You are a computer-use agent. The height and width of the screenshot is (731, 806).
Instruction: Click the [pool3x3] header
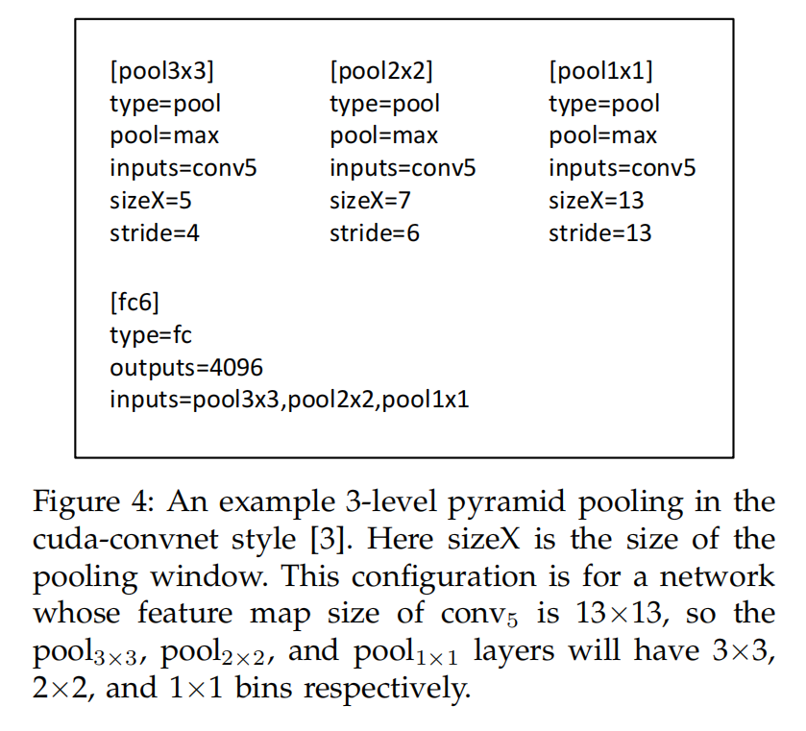(162, 71)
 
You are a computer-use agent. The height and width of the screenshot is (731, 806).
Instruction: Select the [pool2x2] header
(381, 71)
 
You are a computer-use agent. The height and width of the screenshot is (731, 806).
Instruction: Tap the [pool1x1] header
(600, 71)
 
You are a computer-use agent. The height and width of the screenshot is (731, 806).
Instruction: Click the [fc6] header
(135, 304)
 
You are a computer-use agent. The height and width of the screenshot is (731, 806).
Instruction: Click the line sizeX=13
(597, 200)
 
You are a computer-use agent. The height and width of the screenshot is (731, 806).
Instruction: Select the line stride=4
(155, 232)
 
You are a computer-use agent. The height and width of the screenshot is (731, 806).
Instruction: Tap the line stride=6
(375, 232)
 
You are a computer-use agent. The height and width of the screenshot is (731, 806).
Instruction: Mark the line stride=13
(599, 232)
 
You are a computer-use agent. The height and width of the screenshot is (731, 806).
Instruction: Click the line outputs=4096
(186, 367)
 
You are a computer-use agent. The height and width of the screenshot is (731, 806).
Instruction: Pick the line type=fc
(151, 335)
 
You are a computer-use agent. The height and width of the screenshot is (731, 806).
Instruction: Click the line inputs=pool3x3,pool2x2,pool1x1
(289, 400)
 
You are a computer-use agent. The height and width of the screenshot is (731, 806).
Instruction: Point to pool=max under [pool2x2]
(383, 135)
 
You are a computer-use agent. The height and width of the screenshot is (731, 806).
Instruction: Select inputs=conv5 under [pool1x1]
(622, 168)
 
